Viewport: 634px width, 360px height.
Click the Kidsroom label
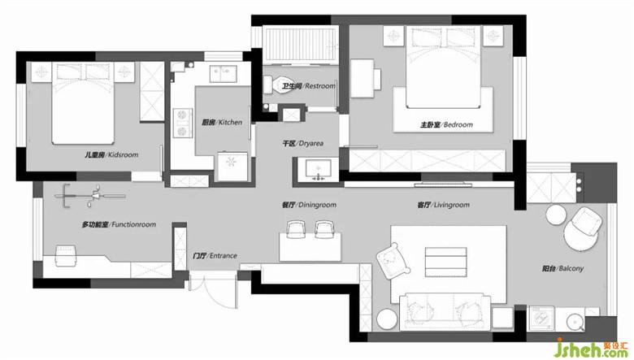(111, 154)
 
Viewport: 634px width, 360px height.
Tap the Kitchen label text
(222, 122)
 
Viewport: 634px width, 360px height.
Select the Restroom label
(309, 86)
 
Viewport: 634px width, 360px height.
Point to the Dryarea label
(303, 144)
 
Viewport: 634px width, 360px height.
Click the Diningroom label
(309, 205)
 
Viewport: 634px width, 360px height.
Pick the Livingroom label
(444, 205)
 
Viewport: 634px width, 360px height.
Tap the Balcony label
(562, 268)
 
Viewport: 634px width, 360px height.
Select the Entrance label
(215, 256)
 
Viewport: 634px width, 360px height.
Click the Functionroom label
(119, 224)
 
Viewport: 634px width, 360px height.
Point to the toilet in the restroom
(279, 85)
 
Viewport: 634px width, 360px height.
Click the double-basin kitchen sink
(224, 73)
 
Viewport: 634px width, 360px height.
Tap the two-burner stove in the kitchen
(182, 123)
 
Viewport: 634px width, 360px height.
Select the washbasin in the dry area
(318, 170)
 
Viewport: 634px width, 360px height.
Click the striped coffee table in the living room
(446, 262)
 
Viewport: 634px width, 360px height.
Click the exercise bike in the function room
(89, 197)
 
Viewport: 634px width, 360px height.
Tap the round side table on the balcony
(555, 215)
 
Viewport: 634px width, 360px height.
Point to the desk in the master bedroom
(362, 78)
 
